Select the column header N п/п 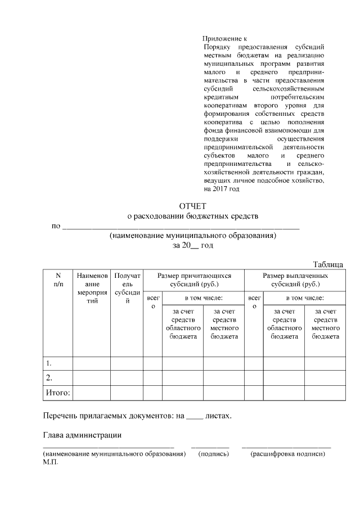[58, 280]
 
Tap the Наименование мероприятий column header [92, 289]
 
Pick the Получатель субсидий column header [127, 289]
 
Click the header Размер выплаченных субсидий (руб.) [295, 280]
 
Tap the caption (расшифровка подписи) [287, 453]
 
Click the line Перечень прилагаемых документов [137, 416]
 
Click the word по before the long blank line [56, 227]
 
